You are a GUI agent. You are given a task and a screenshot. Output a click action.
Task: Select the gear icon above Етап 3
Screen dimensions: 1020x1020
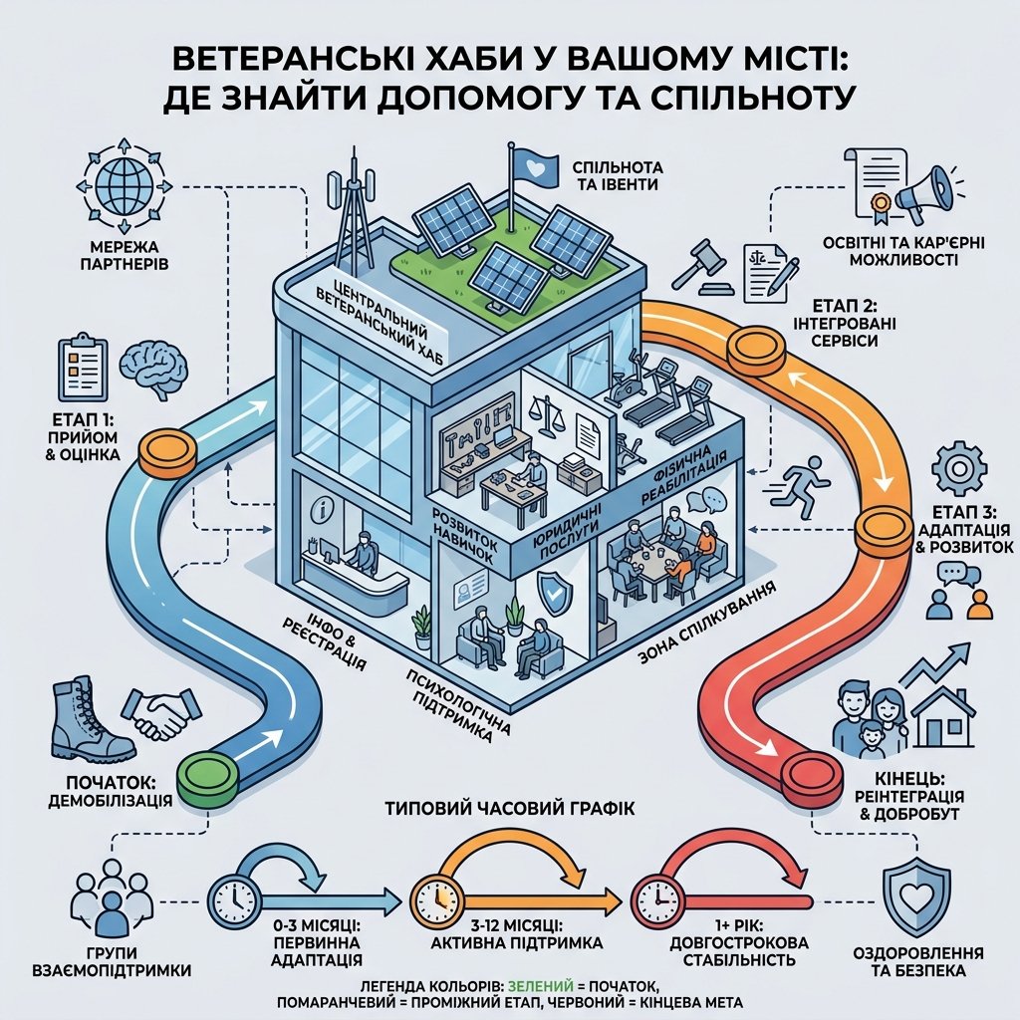(959, 468)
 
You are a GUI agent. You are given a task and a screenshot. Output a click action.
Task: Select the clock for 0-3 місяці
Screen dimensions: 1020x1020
(233, 900)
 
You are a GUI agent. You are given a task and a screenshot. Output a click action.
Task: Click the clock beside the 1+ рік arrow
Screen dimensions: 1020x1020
(656, 900)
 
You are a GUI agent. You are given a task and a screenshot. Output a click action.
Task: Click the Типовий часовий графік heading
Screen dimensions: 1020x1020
(509, 809)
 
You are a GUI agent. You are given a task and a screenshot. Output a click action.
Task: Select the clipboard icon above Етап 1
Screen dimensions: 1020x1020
(83, 369)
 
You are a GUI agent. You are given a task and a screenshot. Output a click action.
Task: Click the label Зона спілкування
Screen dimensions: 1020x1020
(707, 624)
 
